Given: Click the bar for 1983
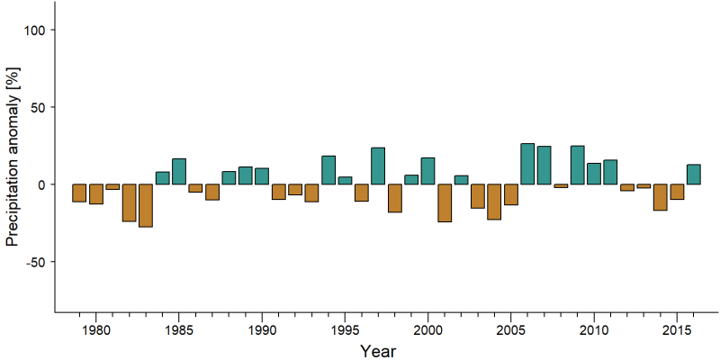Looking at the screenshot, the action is click(146, 205).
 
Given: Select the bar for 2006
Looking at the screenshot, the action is click(527, 164).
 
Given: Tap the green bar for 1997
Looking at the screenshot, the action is click(378, 166).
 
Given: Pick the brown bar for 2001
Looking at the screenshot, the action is click(445, 203).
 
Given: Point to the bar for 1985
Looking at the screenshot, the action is click(179, 171).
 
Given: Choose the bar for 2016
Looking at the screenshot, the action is click(694, 175).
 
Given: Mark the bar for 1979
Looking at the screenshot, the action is click(79, 193).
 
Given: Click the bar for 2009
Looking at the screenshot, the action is click(578, 165).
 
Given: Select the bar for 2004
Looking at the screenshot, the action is click(494, 202).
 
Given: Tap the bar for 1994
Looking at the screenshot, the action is click(328, 170).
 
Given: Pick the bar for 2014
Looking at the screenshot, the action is click(661, 197).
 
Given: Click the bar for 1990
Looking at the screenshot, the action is click(262, 176).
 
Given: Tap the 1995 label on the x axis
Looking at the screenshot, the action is click(345, 329).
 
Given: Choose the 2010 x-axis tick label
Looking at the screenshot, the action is click(594, 329).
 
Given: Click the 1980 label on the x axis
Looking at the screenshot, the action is click(96, 329).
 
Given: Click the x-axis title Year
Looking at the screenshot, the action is click(377, 351).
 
